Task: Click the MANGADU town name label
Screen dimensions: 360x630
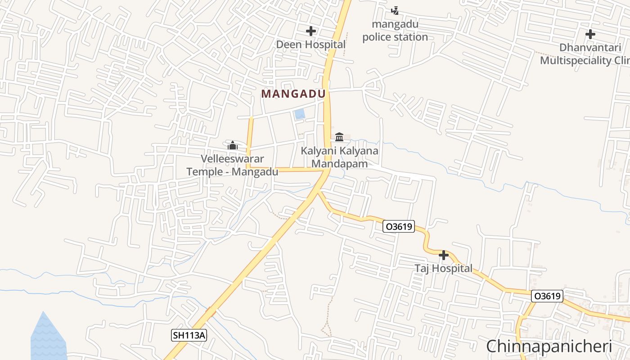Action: [x=293, y=94]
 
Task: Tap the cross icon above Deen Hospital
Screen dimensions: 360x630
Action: [x=310, y=31]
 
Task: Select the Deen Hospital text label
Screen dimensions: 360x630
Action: [x=310, y=45]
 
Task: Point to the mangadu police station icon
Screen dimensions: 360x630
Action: [x=395, y=10]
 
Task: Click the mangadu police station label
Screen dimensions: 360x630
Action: [x=395, y=31]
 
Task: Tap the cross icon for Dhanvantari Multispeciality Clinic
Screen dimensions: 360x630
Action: [x=590, y=34]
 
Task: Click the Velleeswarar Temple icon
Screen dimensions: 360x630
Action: [x=232, y=145]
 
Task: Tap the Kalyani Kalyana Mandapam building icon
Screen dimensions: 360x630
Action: [x=339, y=137]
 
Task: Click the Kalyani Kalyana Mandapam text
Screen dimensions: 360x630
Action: [x=340, y=157]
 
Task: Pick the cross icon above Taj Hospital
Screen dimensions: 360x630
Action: [x=443, y=256]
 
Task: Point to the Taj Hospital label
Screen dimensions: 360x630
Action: [x=443, y=269]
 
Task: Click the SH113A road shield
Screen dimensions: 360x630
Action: [x=189, y=335]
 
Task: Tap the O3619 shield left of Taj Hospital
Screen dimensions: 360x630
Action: [x=398, y=227]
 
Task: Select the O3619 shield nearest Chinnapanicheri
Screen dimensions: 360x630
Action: [x=547, y=296]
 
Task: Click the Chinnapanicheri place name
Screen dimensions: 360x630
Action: [x=549, y=346]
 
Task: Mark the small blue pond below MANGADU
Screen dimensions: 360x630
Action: [x=299, y=114]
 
